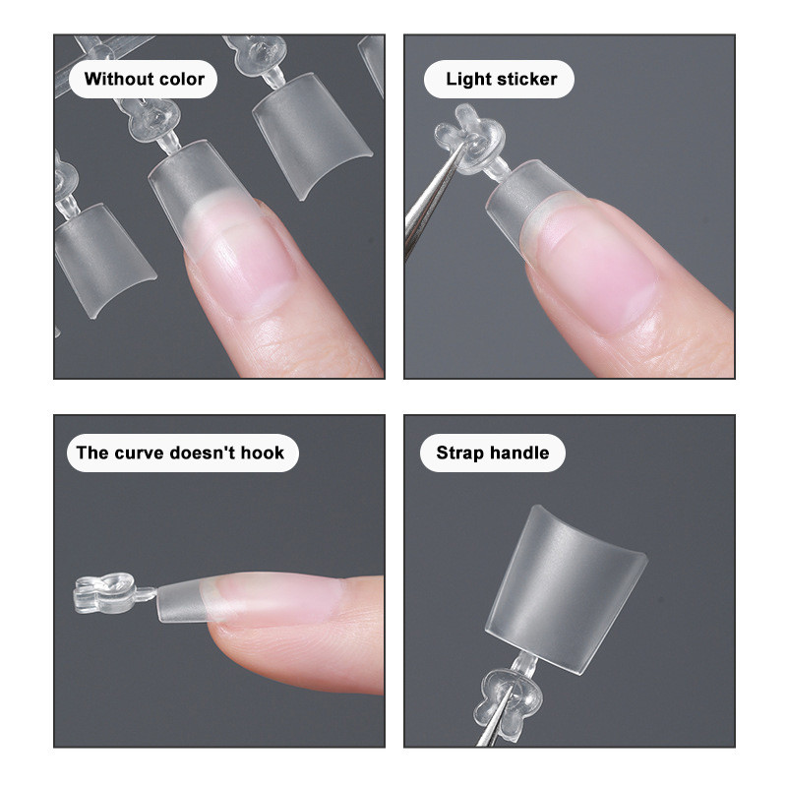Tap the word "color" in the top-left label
[x=181, y=80]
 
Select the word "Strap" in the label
[x=457, y=454]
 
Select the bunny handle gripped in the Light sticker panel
[x=470, y=139]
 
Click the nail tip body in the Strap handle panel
[x=566, y=588]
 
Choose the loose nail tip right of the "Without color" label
[x=311, y=135]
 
